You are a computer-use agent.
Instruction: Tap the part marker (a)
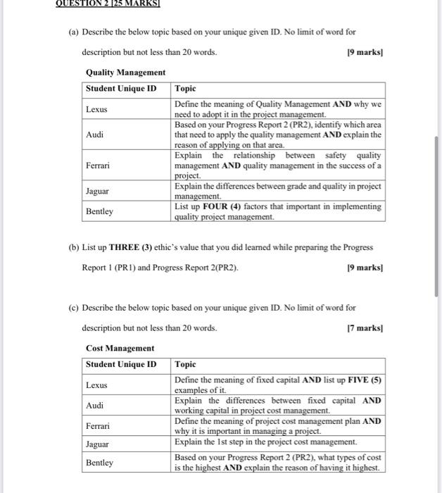click(x=73, y=32)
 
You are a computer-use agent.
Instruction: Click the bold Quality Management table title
click(x=125, y=73)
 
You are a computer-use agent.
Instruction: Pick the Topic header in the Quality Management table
click(x=186, y=89)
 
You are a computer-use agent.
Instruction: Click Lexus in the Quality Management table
click(x=97, y=109)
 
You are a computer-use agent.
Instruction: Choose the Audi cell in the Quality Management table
click(x=95, y=134)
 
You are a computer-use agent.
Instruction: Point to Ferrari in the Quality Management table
click(x=99, y=166)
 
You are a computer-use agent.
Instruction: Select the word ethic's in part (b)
click(x=178, y=247)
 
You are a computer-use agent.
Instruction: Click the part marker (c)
click(x=73, y=308)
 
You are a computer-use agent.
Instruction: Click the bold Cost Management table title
click(x=120, y=348)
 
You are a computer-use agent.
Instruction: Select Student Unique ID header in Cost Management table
click(x=121, y=364)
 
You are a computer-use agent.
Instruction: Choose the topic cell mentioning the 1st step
click(x=266, y=442)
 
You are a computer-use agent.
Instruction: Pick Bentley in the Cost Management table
click(x=99, y=463)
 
